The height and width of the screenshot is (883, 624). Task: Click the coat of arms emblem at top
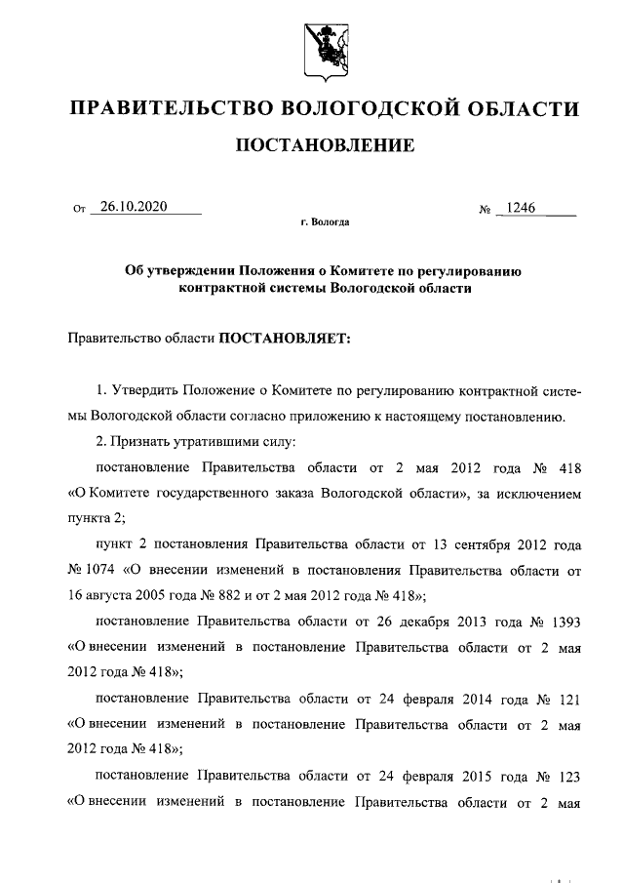(324, 46)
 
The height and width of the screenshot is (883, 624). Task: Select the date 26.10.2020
(135, 206)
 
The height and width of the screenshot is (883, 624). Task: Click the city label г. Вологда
(324, 222)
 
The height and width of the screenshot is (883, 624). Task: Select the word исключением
(539, 494)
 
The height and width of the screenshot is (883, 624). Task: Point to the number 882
(235, 595)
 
